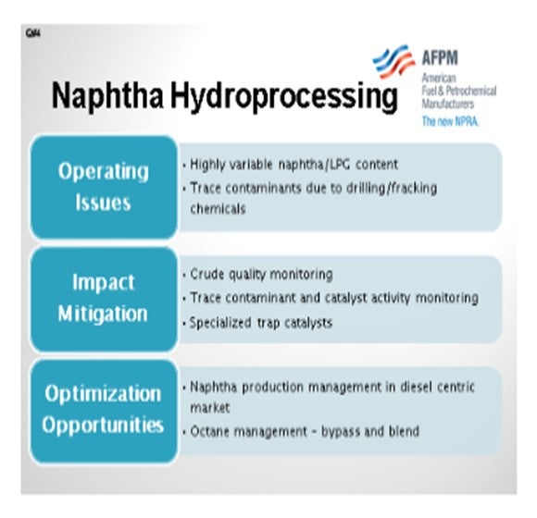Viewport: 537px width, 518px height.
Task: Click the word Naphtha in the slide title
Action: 107,95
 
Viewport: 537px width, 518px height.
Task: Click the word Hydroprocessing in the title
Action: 284,97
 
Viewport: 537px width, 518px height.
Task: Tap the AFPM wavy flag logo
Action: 394,60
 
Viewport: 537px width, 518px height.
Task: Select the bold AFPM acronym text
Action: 440,57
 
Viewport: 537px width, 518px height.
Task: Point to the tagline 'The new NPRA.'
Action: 450,121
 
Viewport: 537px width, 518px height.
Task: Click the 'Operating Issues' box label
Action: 103,187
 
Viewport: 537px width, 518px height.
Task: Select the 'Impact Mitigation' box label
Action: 103,298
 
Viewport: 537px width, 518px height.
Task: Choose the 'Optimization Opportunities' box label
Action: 103,409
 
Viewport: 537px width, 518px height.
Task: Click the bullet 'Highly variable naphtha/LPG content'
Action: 293,165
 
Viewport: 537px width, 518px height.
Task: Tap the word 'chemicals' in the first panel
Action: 218,208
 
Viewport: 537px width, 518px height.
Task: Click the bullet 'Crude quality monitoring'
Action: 261,275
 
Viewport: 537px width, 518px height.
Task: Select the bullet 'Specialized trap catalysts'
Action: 261,323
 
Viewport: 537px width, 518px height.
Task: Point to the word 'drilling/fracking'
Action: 392,189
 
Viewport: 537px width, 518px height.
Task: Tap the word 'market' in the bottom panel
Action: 209,408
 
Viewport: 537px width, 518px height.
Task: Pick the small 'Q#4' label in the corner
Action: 33,33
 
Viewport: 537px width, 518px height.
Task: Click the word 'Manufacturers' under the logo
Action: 447,104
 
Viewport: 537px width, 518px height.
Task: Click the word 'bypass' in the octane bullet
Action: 340,432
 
